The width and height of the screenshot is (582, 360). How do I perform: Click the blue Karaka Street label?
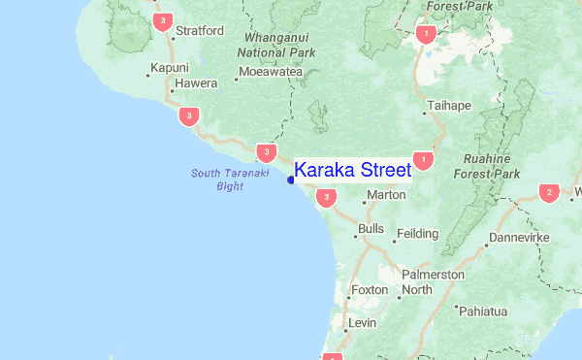pyautogui.click(x=352, y=171)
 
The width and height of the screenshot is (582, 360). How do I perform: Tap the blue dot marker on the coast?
pyautogui.click(x=291, y=180)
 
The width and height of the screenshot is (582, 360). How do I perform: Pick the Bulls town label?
pyautogui.click(x=371, y=229)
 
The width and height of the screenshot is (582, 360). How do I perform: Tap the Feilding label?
pyautogui.click(x=419, y=234)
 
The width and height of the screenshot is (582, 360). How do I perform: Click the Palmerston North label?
pyautogui.click(x=432, y=282)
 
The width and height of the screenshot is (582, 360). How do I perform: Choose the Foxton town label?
pyautogui.click(x=370, y=290)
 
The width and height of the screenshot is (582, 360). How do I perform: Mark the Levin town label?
pyautogui.click(x=362, y=322)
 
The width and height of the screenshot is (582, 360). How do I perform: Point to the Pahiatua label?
pyautogui.click(x=485, y=311)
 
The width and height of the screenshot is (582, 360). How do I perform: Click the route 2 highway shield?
pyautogui.click(x=549, y=192)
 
